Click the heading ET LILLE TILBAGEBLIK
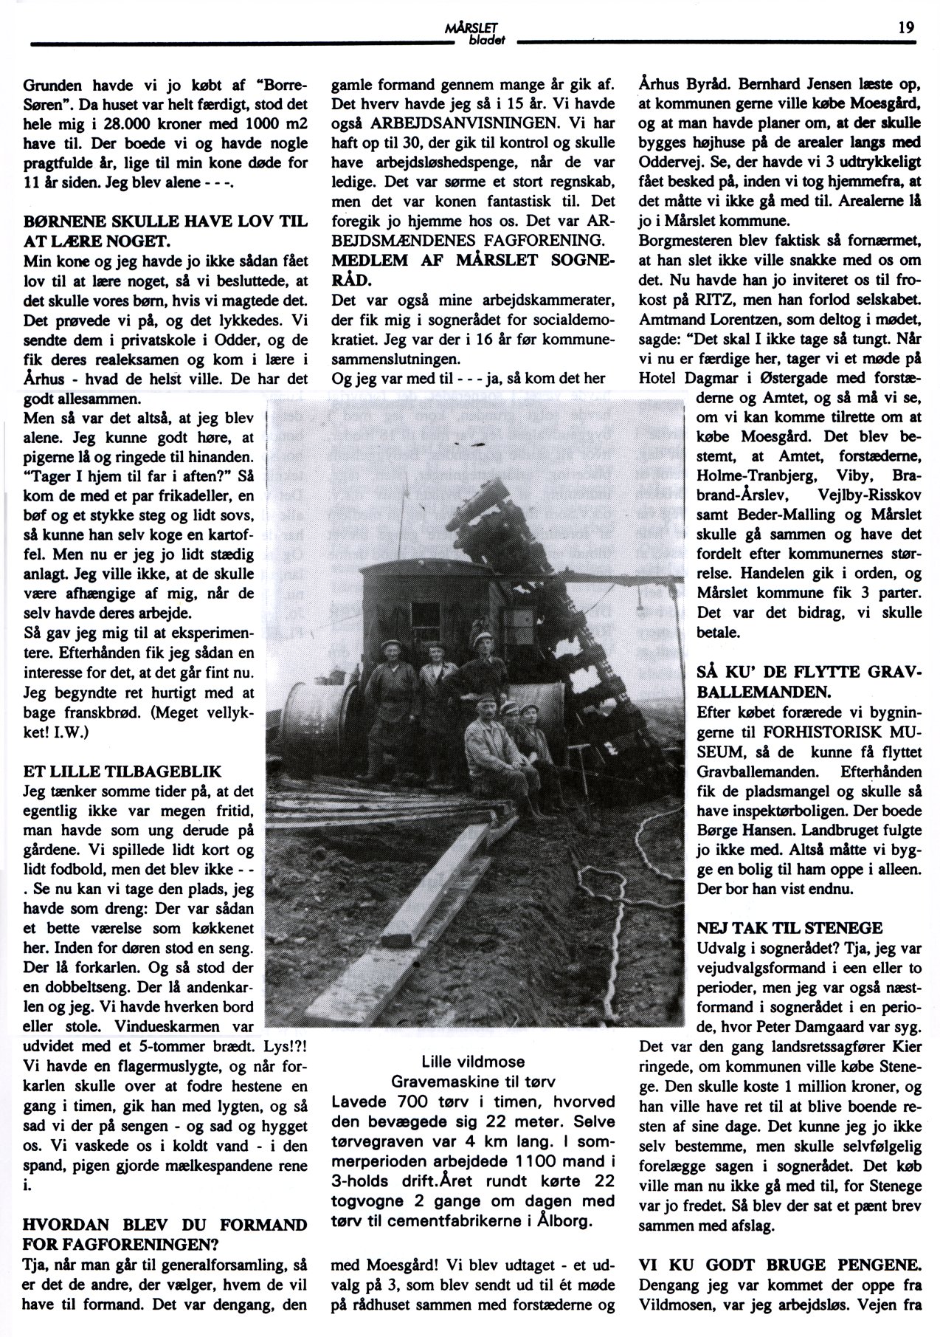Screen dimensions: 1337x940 click(x=122, y=772)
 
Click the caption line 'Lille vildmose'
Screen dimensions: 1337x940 click(x=471, y=1062)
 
